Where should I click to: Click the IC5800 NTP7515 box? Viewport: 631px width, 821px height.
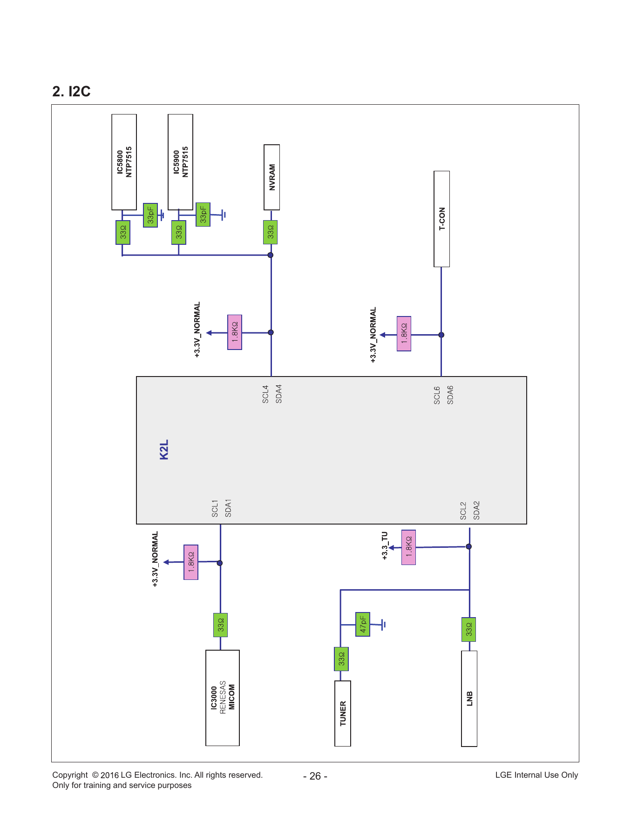pyautogui.click(x=124, y=162)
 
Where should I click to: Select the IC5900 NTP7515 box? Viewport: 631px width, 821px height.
pyautogui.click(x=180, y=162)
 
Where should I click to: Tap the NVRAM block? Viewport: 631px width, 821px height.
pyautogui.click(x=272, y=177)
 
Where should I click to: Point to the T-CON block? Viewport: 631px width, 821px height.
pyautogui.click(x=442, y=219)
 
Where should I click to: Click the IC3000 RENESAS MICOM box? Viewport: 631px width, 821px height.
pyautogui.click(x=223, y=698)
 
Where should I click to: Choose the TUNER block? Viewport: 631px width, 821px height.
pyautogui.click(x=343, y=713)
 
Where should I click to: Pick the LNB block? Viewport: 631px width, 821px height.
pyautogui.click(x=469, y=699)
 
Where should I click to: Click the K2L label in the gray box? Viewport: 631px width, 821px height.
pyautogui.click(x=164, y=450)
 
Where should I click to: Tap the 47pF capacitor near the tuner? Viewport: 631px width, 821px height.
pyautogui.click(x=363, y=624)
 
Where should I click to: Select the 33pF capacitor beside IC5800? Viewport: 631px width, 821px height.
pyautogui.click(x=150, y=215)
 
